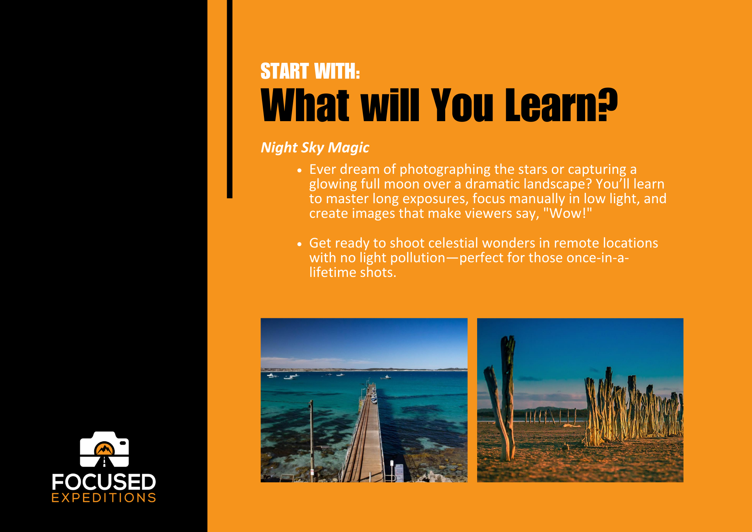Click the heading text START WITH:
pos(310,71)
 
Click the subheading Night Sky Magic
pos(315,147)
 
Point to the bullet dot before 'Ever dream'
pos(299,170)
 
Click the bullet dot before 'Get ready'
pos(299,244)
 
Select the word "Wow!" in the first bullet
pos(568,213)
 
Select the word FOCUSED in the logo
pos(104,482)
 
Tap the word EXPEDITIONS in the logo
pos(104,498)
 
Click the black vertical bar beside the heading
pos(230,99)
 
